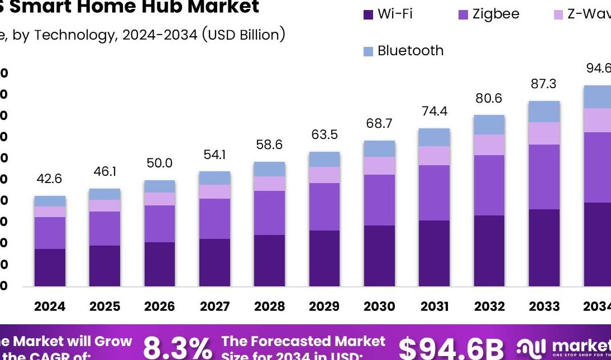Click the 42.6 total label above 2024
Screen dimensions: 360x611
point(49,179)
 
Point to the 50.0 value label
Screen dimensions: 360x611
point(160,164)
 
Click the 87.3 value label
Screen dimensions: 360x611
point(545,84)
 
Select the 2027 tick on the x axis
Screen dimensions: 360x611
point(214,306)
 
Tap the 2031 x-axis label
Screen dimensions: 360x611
point(435,306)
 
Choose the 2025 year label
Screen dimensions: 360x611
point(104,306)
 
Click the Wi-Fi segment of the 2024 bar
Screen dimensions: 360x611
point(50,267)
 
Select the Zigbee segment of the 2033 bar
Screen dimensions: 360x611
point(545,177)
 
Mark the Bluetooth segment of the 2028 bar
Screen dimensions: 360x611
point(269,169)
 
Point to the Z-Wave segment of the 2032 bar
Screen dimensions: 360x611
point(489,145)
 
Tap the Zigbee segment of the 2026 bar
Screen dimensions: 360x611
point(160,224)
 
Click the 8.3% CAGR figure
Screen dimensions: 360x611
point(177,348)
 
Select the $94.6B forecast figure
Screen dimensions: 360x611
point(451,348)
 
